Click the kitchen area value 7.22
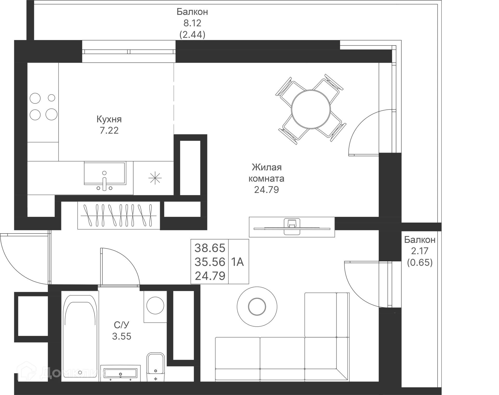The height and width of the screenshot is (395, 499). [x=109, y=130]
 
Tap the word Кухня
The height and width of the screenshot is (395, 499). [x=109, y=119]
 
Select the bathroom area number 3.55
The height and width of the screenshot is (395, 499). [x=122, y=336]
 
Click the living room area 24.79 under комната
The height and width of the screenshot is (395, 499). [x=266, y=190]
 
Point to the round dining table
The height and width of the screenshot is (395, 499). [x=311, y=109]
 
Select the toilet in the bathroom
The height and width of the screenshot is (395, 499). [x=156, y=367]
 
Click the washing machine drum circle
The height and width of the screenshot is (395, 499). [x=155, y=306]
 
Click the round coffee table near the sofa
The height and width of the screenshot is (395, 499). [x=257, y=307]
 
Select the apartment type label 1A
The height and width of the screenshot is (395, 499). [x=237, y=262]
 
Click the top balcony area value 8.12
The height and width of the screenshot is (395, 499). [x=192, y=23]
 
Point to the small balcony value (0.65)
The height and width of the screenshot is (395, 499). [x=420, y=262]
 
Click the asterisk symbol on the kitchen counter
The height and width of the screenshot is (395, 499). [x=155, y=178]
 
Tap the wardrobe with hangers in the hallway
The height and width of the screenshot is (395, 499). [x=119, y=215]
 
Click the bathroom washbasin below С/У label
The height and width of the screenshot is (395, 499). [x=120, y=373]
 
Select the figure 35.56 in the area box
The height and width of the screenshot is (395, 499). [x=210, y=262]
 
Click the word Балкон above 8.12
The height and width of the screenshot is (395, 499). [x=192, y=12]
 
